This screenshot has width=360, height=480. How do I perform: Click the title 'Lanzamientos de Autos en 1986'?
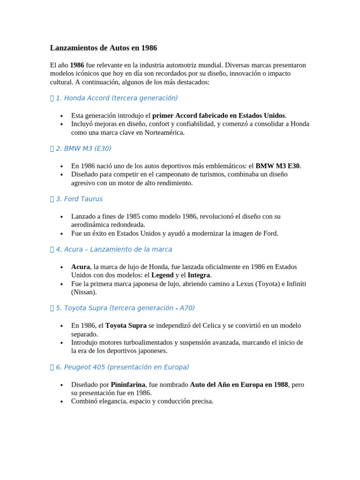point(104,48)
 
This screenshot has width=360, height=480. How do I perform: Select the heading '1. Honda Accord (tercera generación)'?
point(116,98)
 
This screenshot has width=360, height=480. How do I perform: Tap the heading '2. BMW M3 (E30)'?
point(83,149)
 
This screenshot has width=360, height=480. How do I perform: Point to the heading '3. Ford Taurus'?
point(79,199)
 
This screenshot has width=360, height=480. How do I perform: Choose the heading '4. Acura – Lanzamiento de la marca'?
point(113,249)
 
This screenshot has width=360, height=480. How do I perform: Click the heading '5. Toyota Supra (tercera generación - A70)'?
point(125,308)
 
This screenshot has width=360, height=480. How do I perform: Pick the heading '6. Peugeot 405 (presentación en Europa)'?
point(122,367)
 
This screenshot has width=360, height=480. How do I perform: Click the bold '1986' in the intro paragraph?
point(77,65)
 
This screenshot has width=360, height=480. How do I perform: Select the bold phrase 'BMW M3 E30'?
point(277,166)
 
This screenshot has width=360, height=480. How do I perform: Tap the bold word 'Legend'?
point(162,275)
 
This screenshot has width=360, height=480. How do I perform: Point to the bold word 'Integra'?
point(199,275)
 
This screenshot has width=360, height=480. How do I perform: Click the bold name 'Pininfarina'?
point(128,384)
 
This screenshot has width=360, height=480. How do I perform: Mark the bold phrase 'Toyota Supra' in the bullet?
point(126,325)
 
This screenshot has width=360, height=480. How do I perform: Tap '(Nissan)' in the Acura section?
point(84,292)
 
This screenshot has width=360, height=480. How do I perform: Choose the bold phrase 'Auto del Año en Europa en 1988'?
point(239,384)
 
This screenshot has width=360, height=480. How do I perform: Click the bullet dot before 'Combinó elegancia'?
point(61,402)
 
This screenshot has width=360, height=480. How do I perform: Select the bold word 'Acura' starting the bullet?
point(80,267)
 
